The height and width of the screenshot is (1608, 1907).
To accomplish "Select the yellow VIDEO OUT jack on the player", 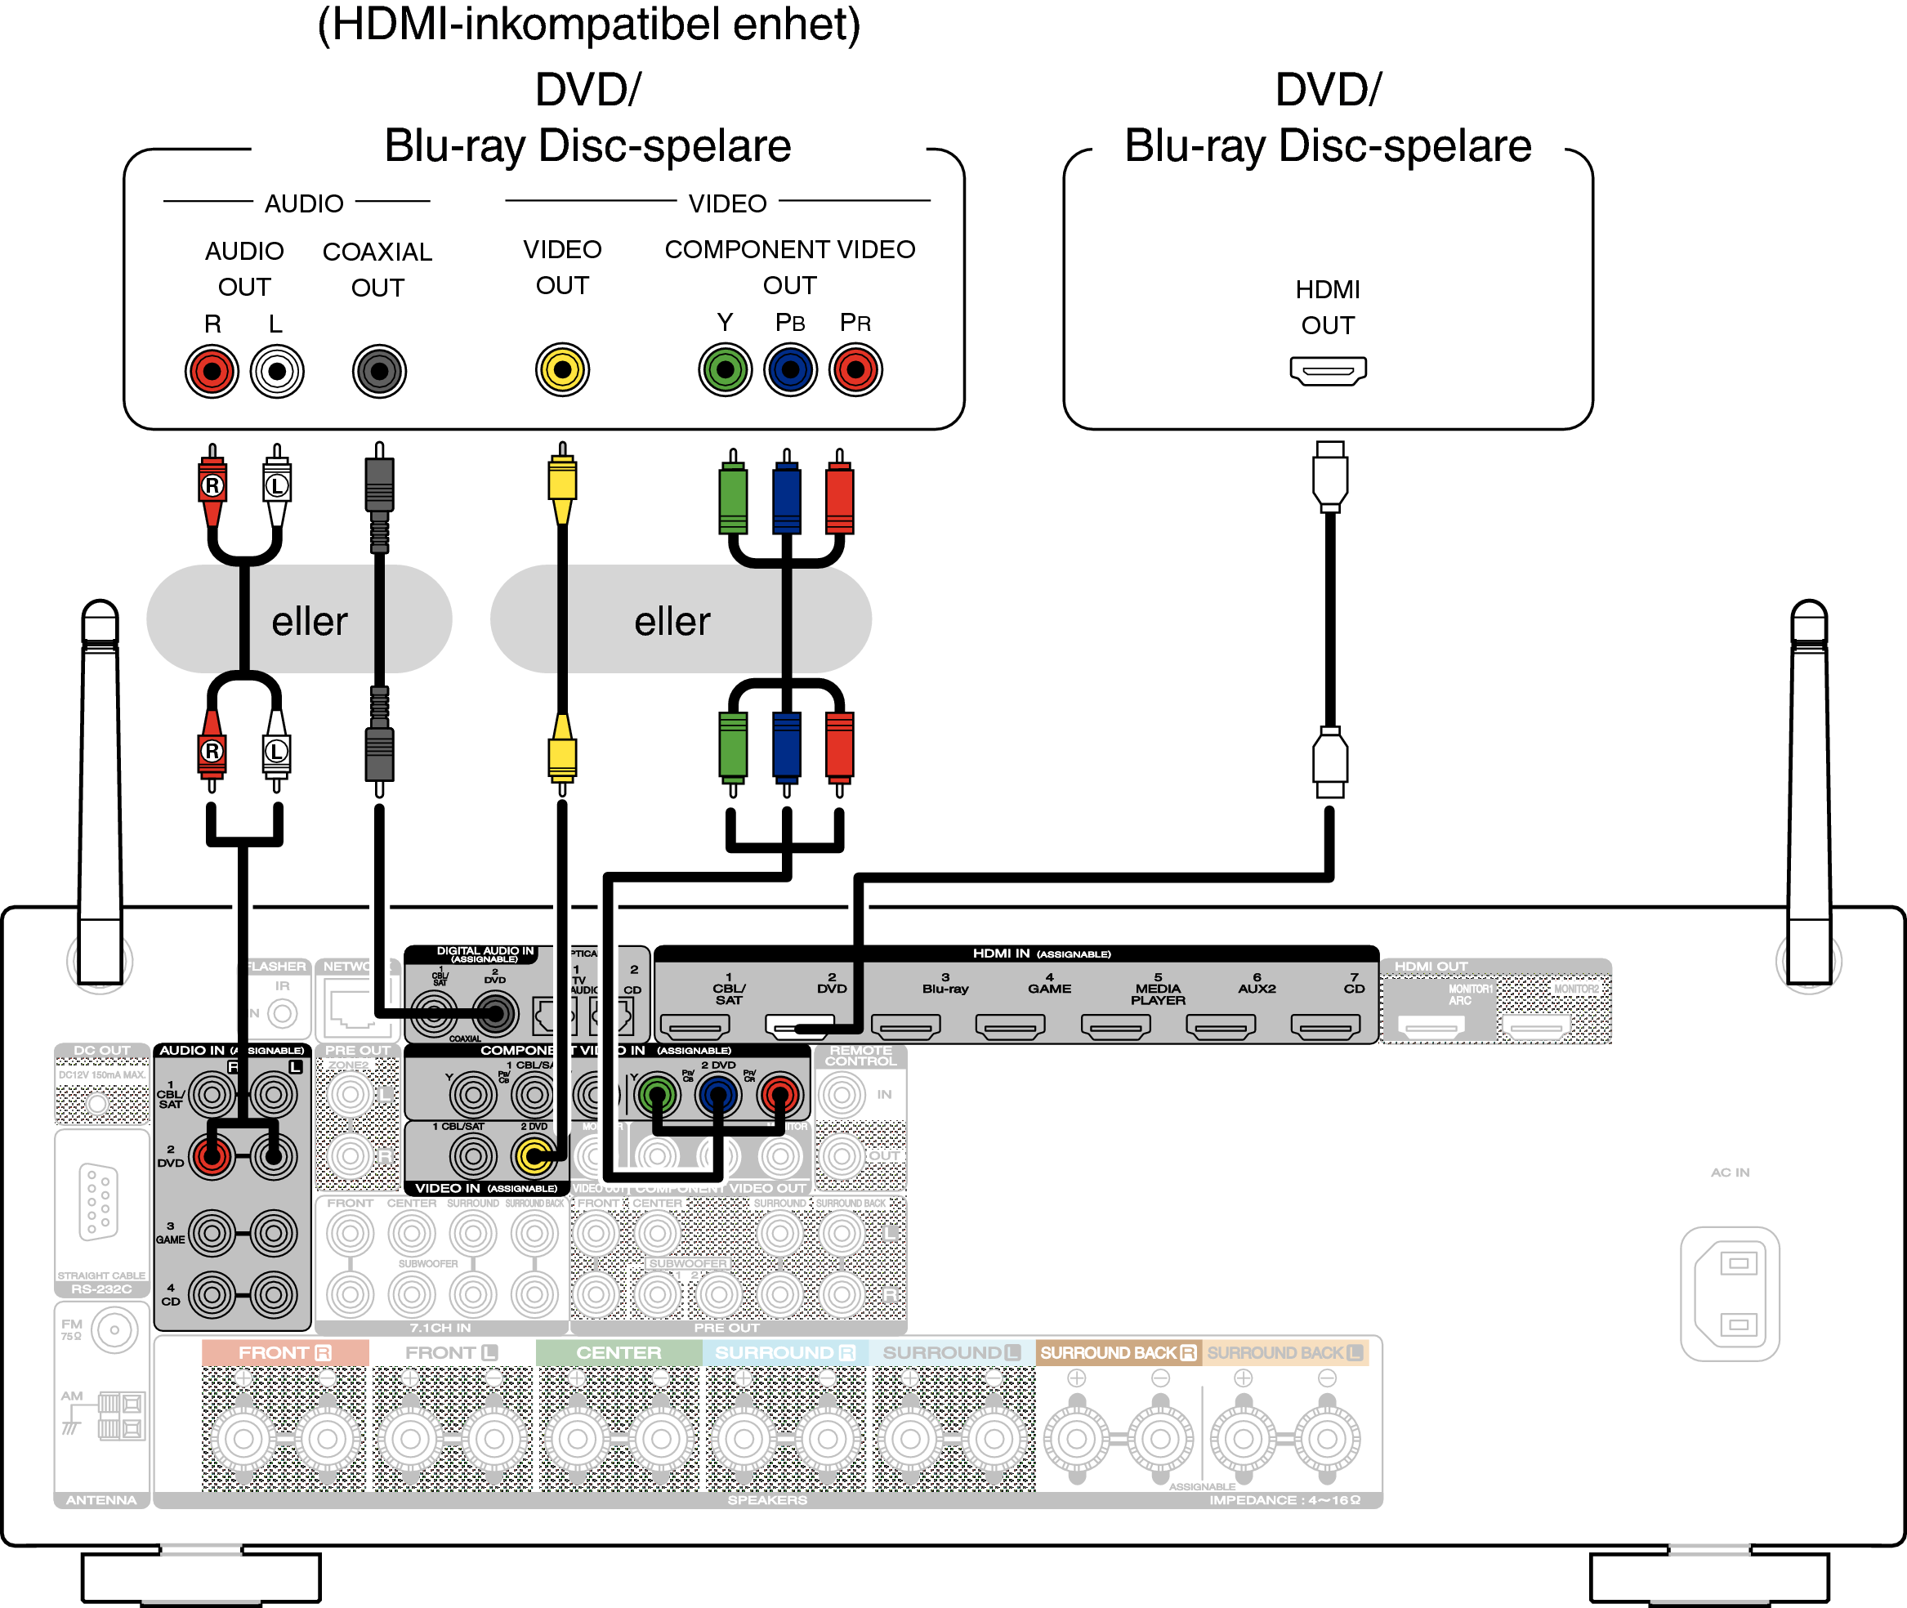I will coord(562,370).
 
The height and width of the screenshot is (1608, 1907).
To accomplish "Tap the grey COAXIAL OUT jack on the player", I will coord(379,371).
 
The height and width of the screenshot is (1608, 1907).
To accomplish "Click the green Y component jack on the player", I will coord(725,370).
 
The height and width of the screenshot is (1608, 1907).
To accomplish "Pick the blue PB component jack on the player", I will coord(790,370).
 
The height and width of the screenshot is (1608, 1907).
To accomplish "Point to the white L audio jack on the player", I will coord(277,371).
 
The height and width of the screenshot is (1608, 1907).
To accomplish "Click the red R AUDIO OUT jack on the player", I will coord(212,371).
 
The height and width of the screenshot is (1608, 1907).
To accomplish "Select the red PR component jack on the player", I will coord(855,370).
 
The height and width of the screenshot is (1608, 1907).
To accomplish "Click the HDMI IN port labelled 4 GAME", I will coord(1010,1027).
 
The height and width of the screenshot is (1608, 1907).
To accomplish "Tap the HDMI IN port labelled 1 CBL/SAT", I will coord(694,1027).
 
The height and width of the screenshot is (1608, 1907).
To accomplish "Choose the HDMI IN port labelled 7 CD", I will coord(1325,1027).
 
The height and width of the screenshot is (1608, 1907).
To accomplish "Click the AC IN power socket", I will coord(1729,1293).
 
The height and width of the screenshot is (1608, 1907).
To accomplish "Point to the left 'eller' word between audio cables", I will coord(309,622).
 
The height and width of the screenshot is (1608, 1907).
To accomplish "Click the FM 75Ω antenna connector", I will coord(114,1330).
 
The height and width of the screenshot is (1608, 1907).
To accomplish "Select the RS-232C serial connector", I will coord(98,1201).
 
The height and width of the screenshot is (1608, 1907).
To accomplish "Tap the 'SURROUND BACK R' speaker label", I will coord(1118,1353).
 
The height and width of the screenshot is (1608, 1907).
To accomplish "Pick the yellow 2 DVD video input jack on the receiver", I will coord(534,1157).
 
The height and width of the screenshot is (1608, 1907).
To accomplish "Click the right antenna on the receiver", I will coord(1809,793).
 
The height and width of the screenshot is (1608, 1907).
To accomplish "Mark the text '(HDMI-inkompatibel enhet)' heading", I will coord(589,25).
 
